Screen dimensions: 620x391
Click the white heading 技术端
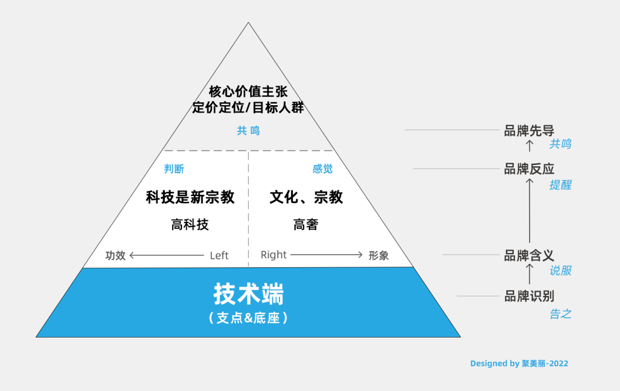[249, 294]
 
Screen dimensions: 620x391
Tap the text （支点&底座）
[249, 318]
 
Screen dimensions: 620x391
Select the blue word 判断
[174, 168]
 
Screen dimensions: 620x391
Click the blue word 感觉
[323, 168]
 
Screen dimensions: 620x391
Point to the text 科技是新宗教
[190, 197]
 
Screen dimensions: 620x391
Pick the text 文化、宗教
[306, 197]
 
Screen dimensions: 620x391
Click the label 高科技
[190, 225]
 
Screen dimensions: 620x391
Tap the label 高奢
[305, 225]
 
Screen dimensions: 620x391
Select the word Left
[219, 255]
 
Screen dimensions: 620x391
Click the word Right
[274, 255]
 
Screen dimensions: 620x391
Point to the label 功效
[115, 255]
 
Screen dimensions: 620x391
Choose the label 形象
[378, 255]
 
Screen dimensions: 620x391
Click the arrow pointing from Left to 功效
[167, 255]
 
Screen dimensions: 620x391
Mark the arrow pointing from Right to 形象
[327, 255]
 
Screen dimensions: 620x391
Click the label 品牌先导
[529, 131]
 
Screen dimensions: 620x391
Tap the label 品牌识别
[529, 296]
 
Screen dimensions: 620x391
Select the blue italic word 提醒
[560, 185]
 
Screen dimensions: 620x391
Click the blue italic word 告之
[560, 314]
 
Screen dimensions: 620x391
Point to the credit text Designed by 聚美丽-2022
[519, 363]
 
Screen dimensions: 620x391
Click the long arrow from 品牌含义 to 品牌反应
[529, 211]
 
